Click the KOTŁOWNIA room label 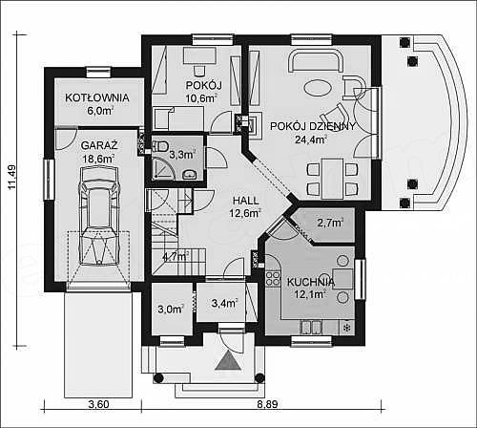(97, 97)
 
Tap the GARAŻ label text (99, 145)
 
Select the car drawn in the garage (99, 216)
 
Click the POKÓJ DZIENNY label (313, 126)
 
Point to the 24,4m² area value (311, 139)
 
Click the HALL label (246, 201)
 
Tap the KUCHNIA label (311, 282)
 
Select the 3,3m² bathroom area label (181, 155)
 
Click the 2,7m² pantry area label (330, 223)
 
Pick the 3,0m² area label (171, 309)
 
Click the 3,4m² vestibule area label (224, 303)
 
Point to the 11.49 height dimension (11, 177)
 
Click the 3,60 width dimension (98, 404)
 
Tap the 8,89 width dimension (267, 404)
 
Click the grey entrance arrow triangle (228, 361)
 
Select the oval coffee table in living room (318, 87)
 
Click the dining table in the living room (332, 179)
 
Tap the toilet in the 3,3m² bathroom (160, 147)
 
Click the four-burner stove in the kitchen (273, 278)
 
